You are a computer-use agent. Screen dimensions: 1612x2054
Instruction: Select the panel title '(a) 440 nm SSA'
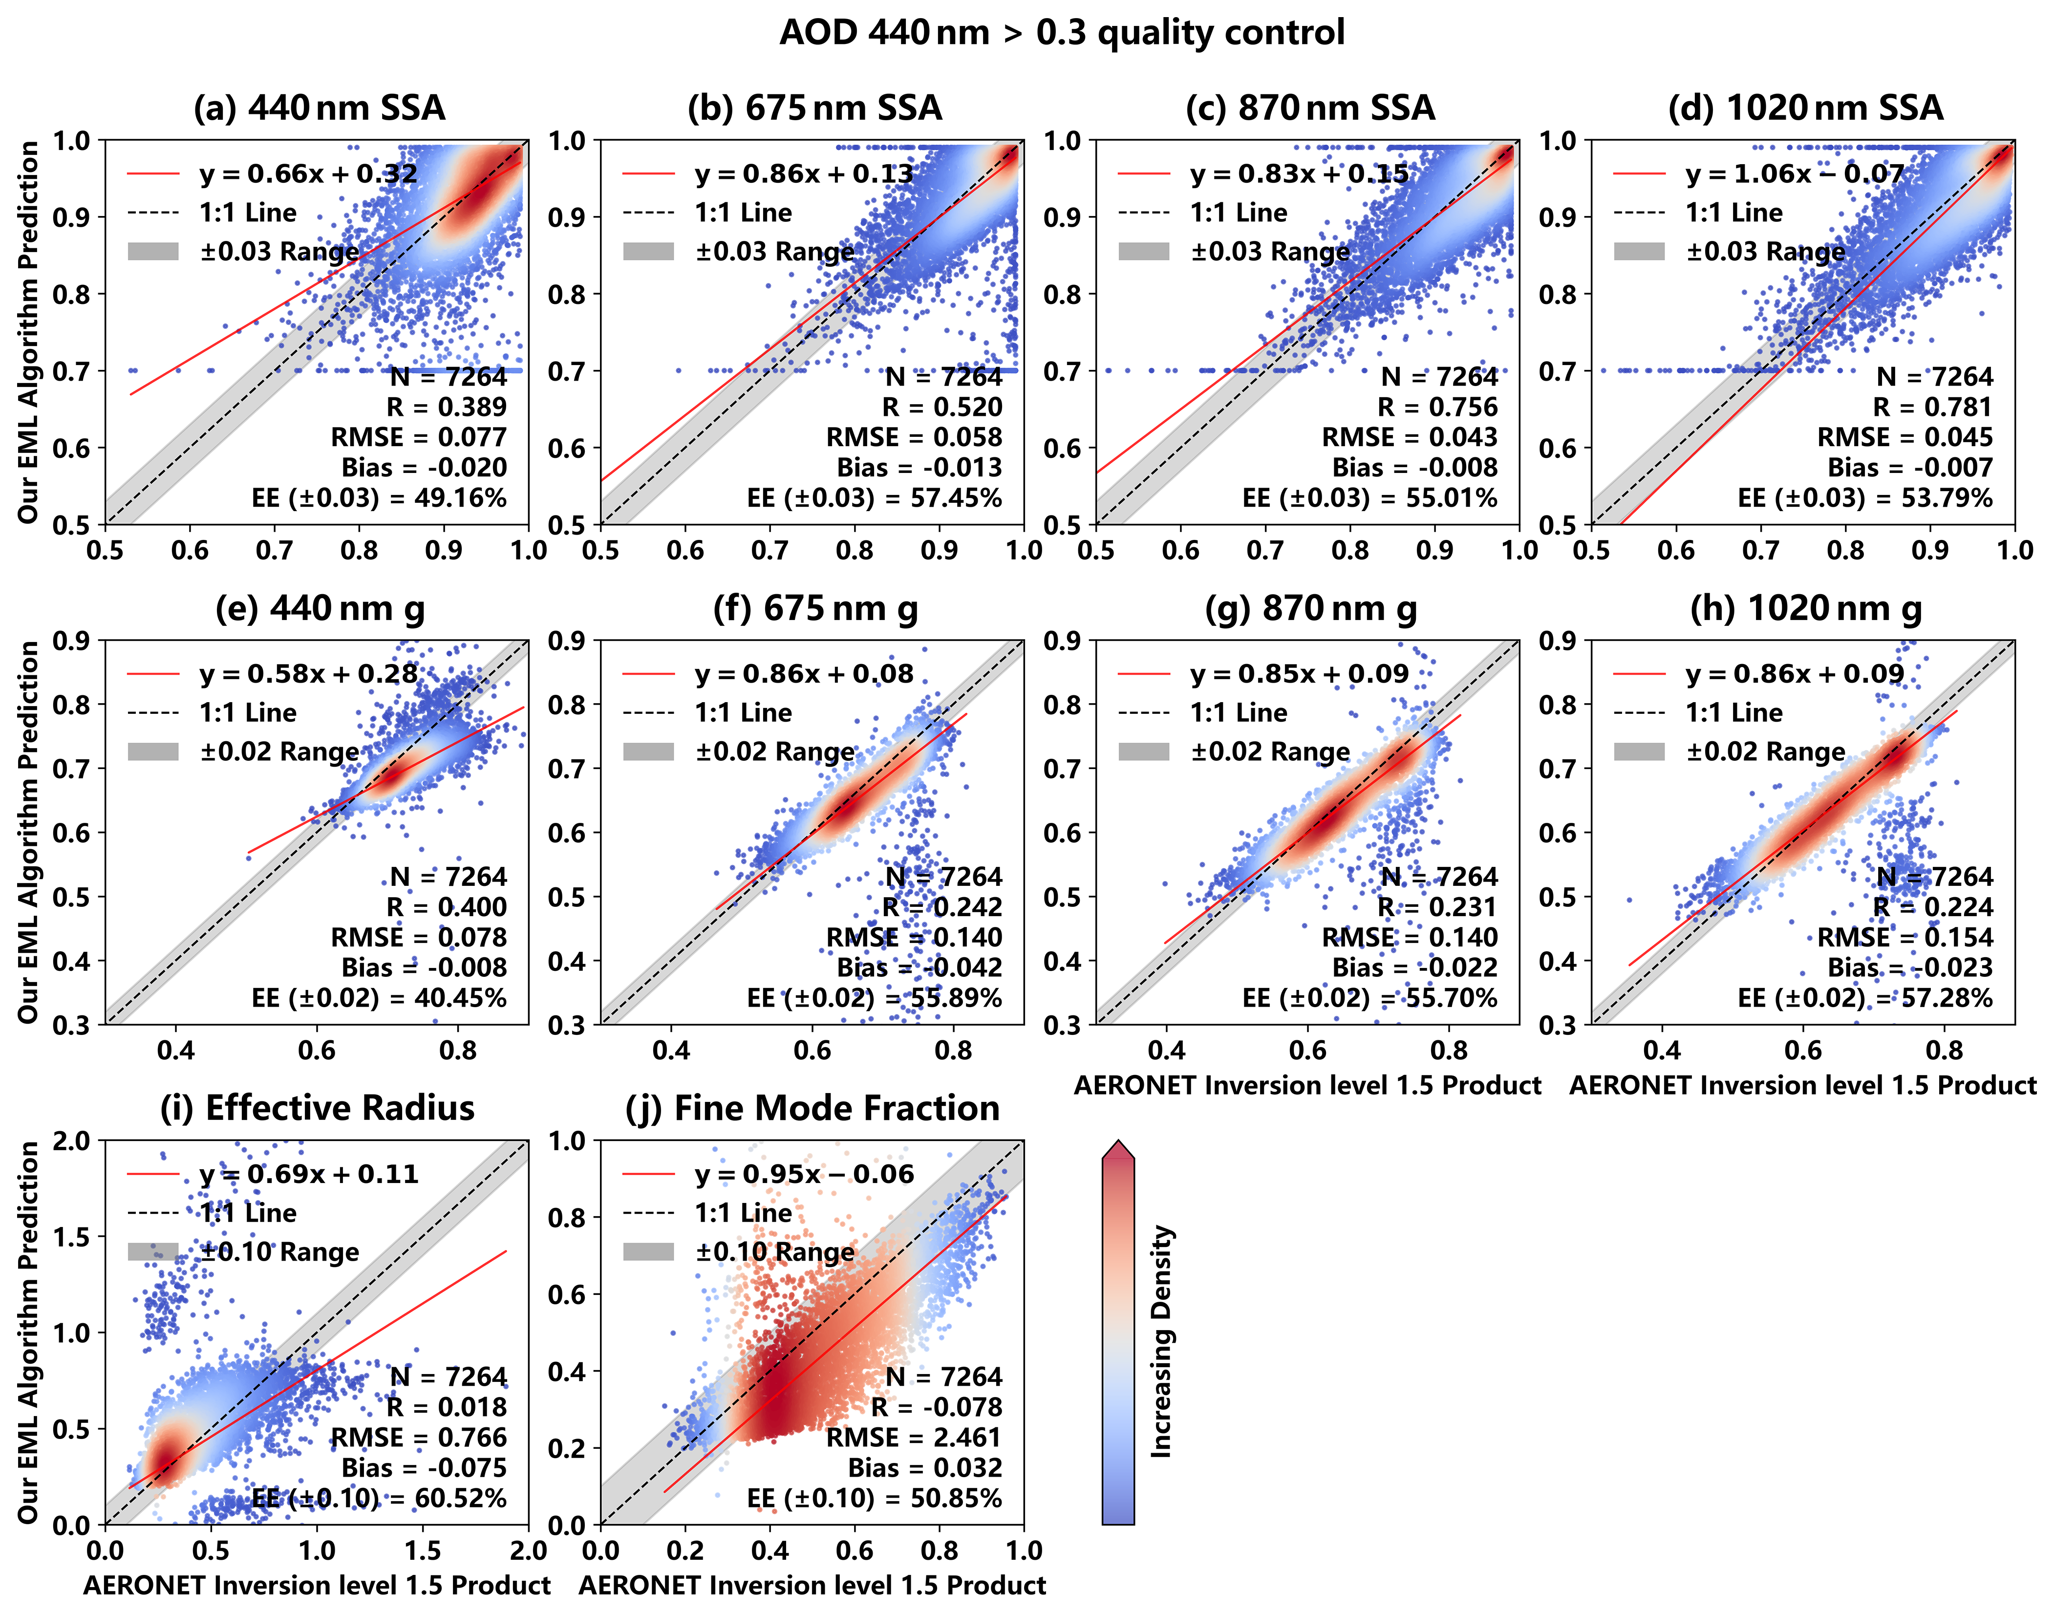point(319,107)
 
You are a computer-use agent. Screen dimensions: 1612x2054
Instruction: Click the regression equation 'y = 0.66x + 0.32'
point(308,173)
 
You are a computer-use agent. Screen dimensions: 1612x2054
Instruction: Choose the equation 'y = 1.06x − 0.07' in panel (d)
point(1795,173)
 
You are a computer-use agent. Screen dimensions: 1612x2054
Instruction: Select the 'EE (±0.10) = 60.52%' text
point(379,1498)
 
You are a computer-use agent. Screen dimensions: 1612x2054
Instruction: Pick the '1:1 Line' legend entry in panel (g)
point(1238,712)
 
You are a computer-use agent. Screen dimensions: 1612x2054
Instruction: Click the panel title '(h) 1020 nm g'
point(1806,609)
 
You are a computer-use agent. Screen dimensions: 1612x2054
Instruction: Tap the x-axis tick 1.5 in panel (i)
point(423,1550)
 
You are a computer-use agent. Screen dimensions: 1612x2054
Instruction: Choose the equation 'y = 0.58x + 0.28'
point(308,674)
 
